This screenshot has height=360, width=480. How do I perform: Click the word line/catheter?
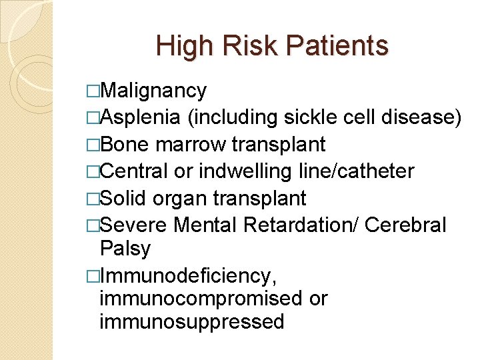357,171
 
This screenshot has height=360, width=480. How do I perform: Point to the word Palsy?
125,249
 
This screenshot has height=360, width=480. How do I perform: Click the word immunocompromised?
201,298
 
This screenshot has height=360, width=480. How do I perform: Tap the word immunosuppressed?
191,322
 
